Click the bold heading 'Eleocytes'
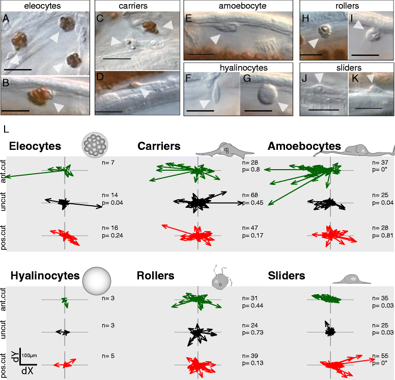coord(35,146)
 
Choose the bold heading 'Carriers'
coord(159,146)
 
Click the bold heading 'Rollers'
coord(156,276)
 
